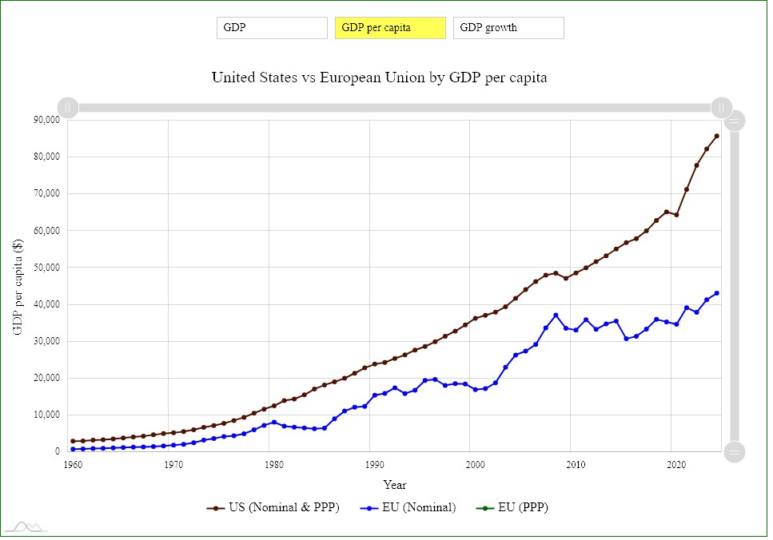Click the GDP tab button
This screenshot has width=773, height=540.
(272, 28)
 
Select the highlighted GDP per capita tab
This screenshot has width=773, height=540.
(390, 28)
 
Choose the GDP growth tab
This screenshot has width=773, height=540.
(508, 28)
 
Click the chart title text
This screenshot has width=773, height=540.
(379, 77)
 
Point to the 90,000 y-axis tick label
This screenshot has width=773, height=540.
(46, 120)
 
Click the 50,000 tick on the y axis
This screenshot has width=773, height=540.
(46, 268)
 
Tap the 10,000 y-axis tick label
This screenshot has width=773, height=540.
(46, 415)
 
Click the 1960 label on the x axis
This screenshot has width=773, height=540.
(72, 465)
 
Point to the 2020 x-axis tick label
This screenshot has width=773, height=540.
(674, 465)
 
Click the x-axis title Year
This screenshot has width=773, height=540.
(394, 484)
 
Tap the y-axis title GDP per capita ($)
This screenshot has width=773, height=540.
(18, 285)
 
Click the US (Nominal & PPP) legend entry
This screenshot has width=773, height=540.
(273, 507)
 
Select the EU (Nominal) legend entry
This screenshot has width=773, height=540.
(408, 507)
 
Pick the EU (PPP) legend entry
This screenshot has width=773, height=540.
(512, 507)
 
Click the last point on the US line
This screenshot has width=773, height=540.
(716, 136)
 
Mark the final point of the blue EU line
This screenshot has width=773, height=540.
(716, 293)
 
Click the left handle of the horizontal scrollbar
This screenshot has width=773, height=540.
(69, 107)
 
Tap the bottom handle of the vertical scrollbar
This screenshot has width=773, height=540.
(734, 451)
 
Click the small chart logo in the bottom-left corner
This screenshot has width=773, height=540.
(26, 526)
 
